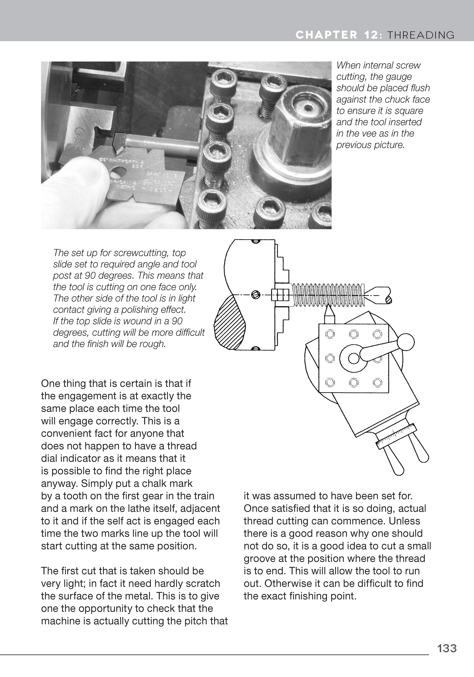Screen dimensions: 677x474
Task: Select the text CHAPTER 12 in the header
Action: click(x=336, y=35)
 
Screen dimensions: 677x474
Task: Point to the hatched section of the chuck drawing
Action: click(x=230, y=324)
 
